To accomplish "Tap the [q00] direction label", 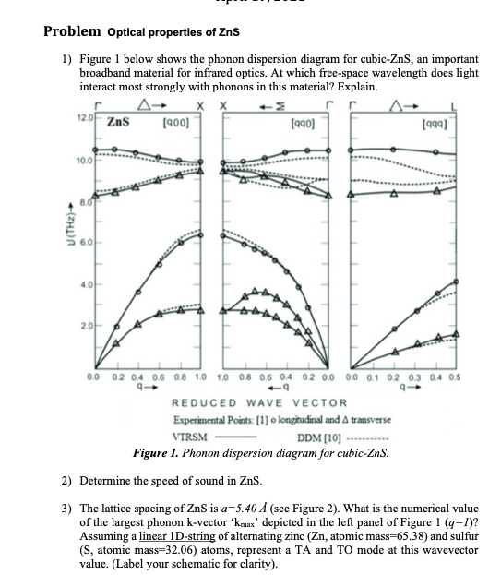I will [176, 121].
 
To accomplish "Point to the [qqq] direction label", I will [435, 122].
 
